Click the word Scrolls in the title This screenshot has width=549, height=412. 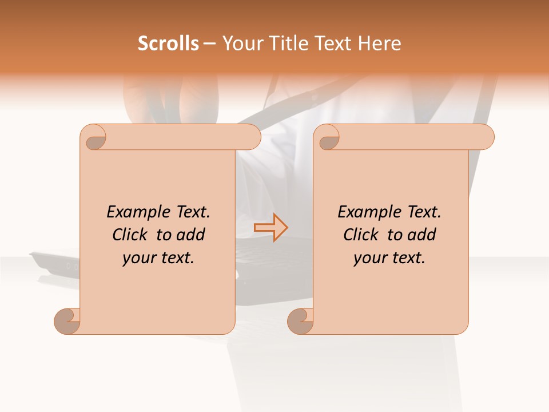point(168,43)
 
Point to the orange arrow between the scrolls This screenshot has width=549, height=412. point(271,227)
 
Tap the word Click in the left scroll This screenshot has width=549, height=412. point(132,235)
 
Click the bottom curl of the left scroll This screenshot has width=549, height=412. point(67,320)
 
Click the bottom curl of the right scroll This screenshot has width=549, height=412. point(300,320)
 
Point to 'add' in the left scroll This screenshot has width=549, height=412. point(191,235)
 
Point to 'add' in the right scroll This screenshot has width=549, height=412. point(422,235)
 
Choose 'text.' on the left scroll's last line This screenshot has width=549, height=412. point(176,258)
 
